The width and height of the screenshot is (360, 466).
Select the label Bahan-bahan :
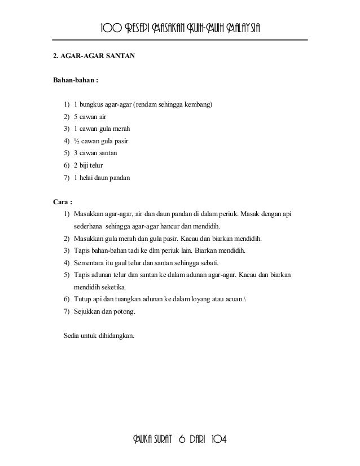pyautogui.click(x=76, y=80)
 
